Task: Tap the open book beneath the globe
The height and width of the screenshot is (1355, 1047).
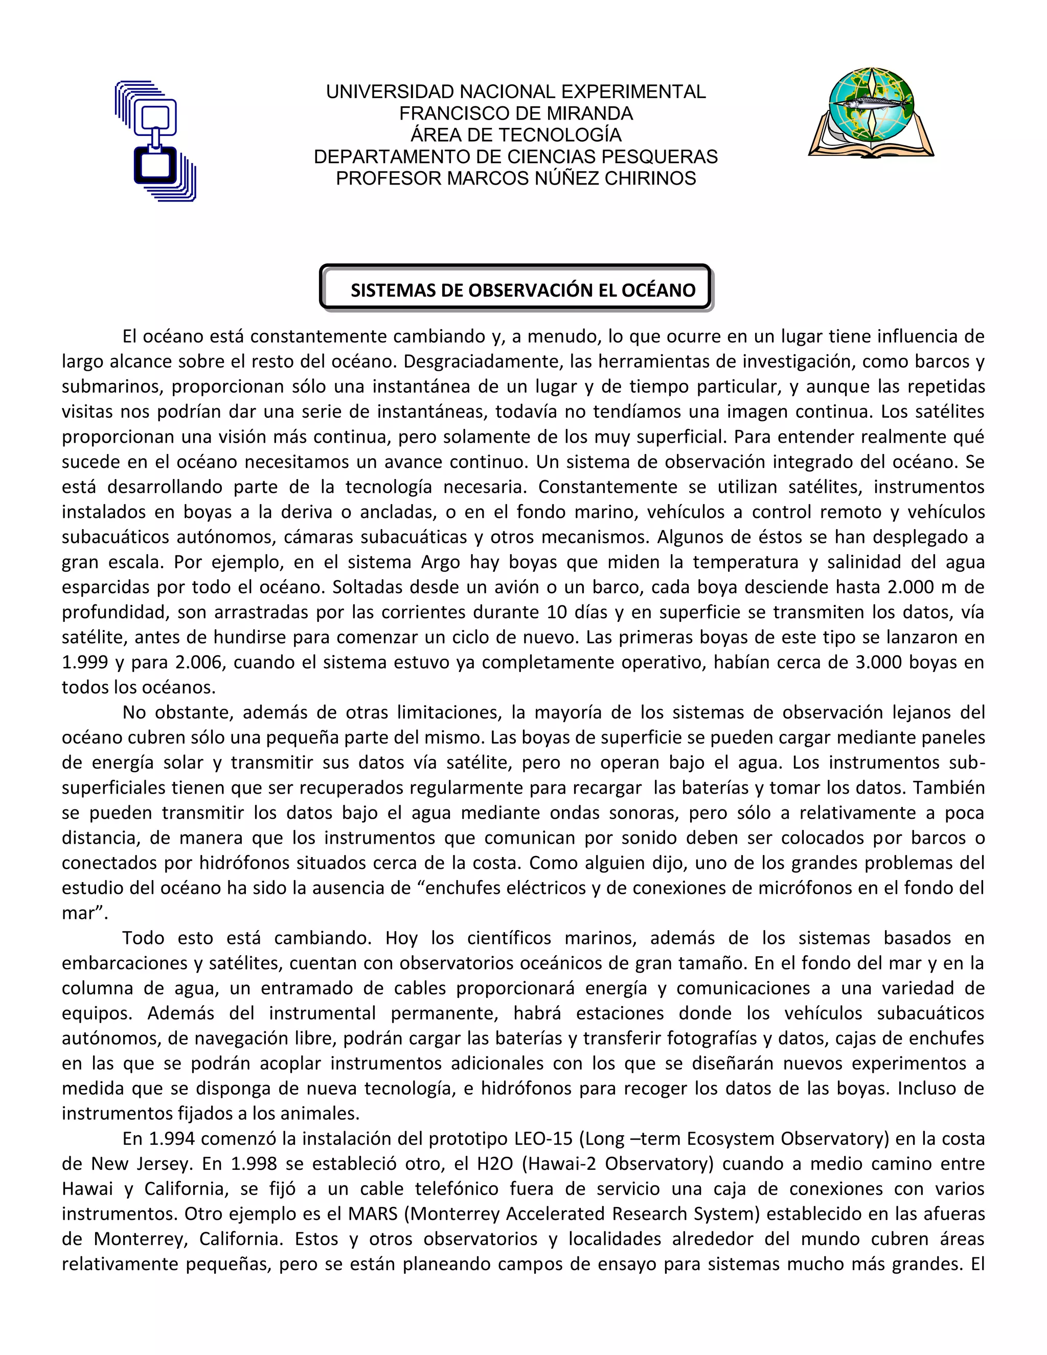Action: [x=871, y=144]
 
